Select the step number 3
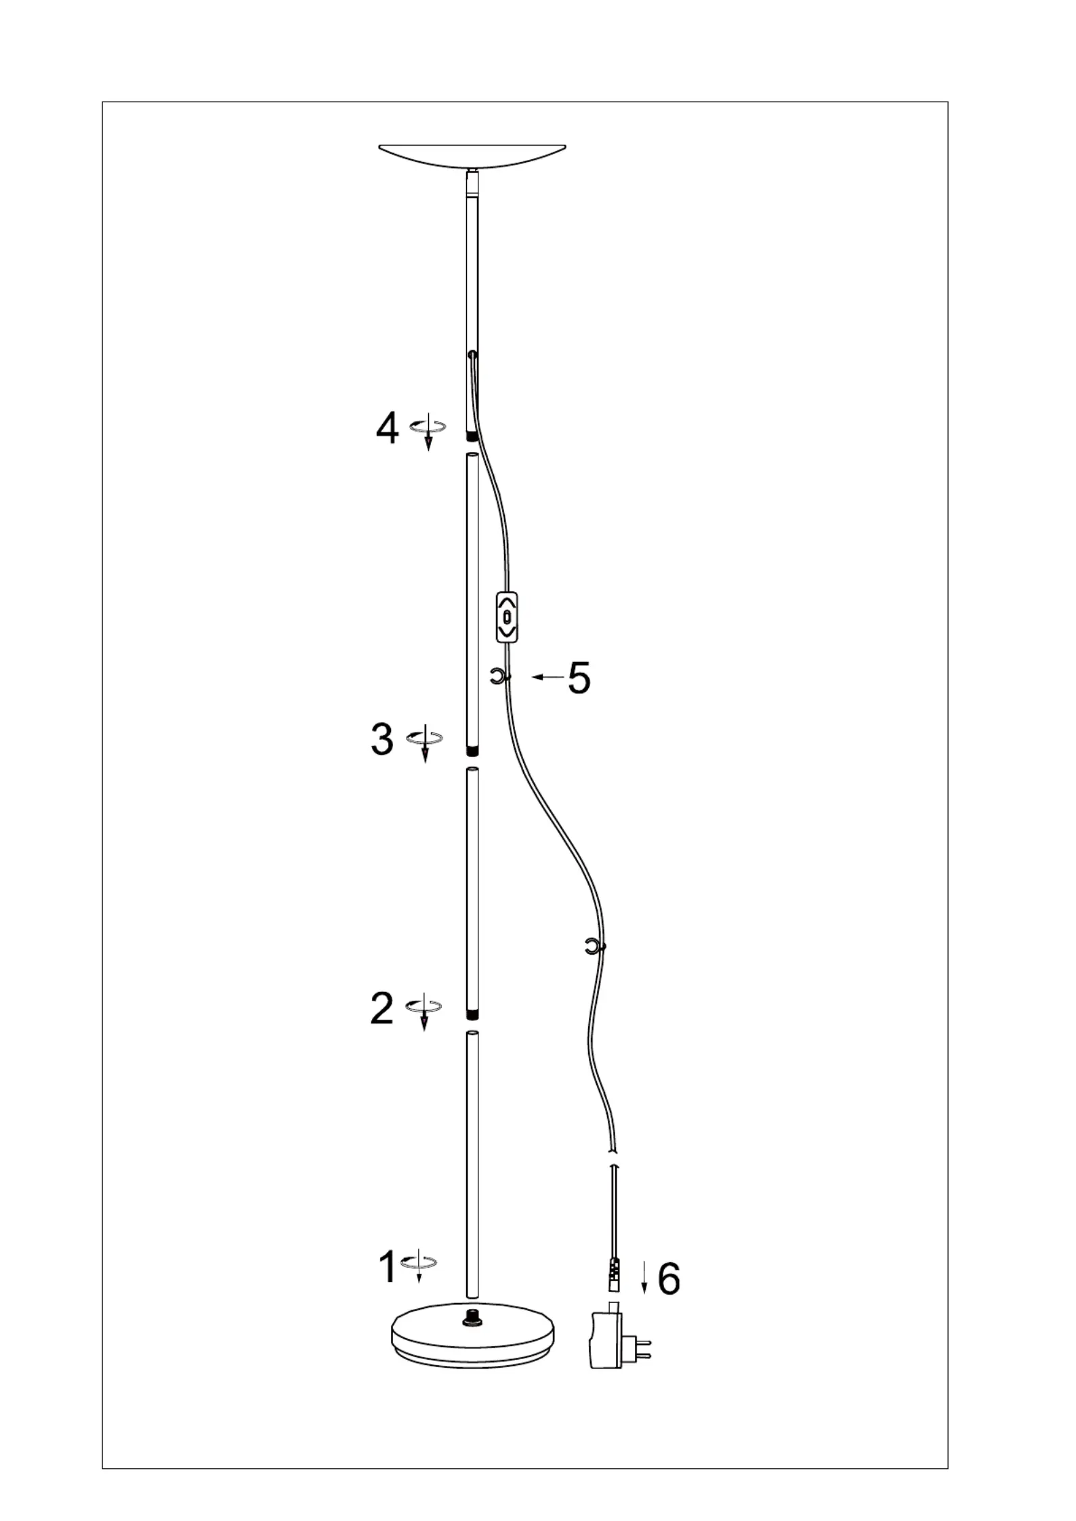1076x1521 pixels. [382, 739]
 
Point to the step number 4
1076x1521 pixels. [387, 428]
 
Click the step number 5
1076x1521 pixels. [579, 678]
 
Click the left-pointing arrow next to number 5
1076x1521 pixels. [547, 677]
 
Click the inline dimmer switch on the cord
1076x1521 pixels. [508, 617]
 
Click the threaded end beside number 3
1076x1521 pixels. [472, 751]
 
